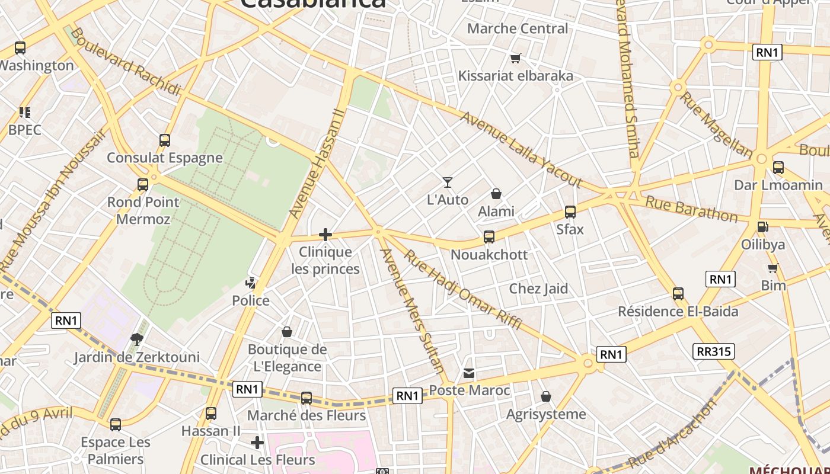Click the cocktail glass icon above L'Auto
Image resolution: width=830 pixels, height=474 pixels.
pos(448,182)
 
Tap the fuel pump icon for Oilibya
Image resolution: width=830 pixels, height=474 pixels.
pos(763,226)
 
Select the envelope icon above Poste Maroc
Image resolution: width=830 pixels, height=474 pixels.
pos(469,373)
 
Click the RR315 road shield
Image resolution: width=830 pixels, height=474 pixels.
pos(714,351)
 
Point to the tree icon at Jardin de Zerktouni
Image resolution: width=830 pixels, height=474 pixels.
pos(137,339)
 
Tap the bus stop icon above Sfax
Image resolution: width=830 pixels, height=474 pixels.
pos(570,212)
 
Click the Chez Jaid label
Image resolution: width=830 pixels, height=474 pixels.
pos(538,289)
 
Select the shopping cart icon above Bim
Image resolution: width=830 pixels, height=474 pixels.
pos(773,268)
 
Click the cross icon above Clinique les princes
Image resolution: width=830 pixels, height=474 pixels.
pos(325,235)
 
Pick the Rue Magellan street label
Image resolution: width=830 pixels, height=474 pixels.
pos(716,124)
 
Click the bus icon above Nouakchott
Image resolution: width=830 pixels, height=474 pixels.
pos(489,237)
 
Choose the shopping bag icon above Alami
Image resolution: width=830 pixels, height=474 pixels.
pos(496,194)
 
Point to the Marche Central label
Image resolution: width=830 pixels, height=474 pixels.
pos(517,28)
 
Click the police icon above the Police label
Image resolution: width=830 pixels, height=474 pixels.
pos(251,283)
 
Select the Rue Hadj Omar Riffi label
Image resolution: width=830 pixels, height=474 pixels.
pos(462,290)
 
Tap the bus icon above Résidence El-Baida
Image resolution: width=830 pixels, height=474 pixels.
pos(678,293)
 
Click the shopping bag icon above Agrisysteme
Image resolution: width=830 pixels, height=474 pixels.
pos(546,396)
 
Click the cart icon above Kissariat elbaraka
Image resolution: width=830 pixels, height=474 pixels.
pos(516,58)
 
